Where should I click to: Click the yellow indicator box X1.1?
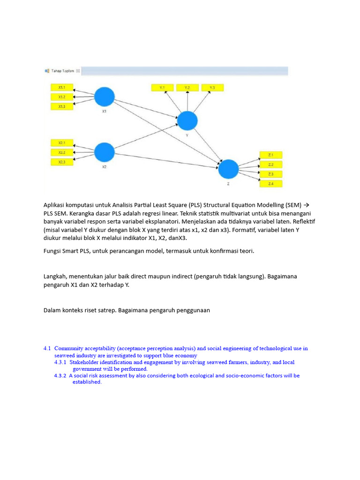62,87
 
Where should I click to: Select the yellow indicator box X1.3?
62,106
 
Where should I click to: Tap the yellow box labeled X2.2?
62,152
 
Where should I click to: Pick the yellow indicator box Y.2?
187,88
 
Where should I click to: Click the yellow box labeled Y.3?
212,88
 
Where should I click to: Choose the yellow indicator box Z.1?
271,155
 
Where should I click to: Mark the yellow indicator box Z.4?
271,184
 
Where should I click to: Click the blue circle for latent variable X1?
105,97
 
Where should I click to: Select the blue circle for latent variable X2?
105,152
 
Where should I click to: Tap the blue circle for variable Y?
187,120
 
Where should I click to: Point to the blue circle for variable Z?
229,169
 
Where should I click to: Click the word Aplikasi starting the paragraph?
55,205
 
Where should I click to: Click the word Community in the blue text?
69,348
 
